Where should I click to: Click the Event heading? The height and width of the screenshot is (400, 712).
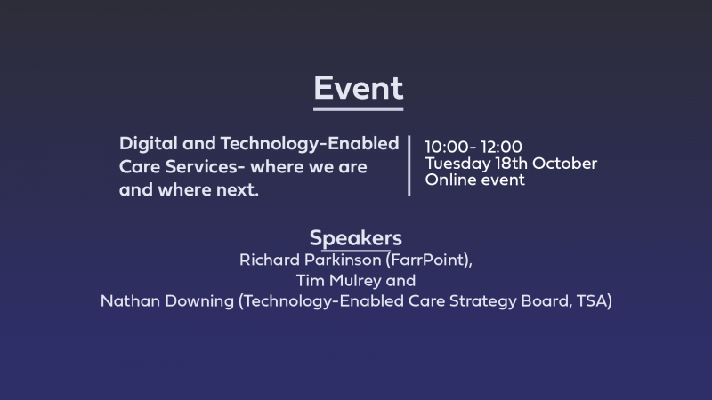point(359,87)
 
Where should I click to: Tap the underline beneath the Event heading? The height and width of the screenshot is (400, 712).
point(359,108)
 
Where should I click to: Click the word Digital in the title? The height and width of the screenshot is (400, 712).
point(149,144)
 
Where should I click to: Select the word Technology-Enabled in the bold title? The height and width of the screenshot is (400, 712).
point(310,144)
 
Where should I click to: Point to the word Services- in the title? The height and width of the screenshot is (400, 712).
point(206,166)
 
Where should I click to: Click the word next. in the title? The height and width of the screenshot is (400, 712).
point(238,189)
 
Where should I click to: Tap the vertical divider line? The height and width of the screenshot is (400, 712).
point(409,165)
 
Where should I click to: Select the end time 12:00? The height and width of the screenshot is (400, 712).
point(501,147)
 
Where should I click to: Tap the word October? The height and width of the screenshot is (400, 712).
point(564,163)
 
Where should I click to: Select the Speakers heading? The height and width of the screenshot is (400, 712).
point(355,238)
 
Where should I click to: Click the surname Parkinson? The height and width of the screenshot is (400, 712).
point(343,260)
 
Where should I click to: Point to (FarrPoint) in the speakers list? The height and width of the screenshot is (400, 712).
point(429,260)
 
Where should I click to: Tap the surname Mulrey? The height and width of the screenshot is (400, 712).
point(355,281)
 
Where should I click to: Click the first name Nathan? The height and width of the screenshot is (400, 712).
point(130,301)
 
